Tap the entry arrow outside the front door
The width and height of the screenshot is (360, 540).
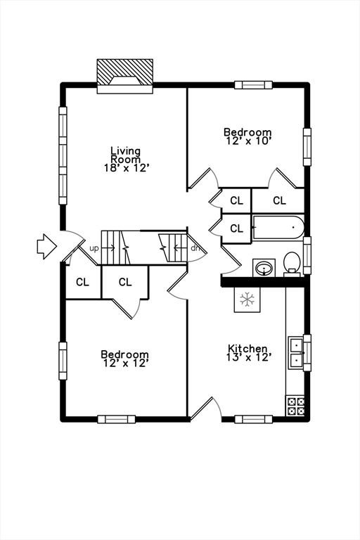[x=46, y=246]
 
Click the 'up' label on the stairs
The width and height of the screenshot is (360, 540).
[x=94, y=248]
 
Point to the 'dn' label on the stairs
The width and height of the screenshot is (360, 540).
[x=195, y=248]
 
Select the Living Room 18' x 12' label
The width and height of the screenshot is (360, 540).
[x=125, y=159]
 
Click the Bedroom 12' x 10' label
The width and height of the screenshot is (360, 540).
[x=247, y=136]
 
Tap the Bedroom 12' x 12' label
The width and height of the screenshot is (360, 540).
[x=124, y=359]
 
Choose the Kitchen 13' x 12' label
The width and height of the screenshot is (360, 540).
[x=247, y=353]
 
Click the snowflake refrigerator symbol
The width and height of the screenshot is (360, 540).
[x=247, y=299]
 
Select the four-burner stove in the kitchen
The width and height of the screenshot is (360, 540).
[x=295, y=405]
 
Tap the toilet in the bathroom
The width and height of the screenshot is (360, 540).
[x=292, y=264]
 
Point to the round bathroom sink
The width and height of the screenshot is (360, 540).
[x=264, y=268]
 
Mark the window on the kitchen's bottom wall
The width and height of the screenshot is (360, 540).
[x=253, y=419]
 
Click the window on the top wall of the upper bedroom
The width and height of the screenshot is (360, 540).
[x=253, y=85]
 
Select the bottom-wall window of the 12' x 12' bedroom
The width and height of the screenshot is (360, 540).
[x=116, y=419]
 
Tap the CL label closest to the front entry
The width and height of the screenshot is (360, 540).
[x=83, y=282]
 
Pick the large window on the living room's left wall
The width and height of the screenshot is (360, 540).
[x=63, y=155]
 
